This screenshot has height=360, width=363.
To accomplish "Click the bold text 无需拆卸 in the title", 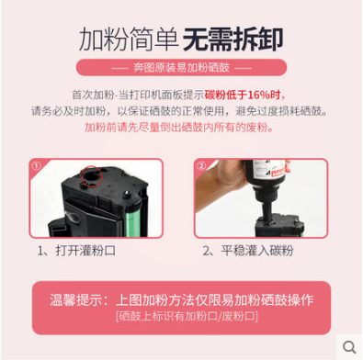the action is tap(233, 39).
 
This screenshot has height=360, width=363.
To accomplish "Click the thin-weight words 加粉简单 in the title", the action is tap(129, 39).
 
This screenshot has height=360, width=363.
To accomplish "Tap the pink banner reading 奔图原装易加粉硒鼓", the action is tap(181, 67).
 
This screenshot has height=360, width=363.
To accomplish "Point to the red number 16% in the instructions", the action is tap(259, 95).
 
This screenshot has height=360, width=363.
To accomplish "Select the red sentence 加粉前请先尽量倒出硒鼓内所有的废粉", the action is tap(179, 127).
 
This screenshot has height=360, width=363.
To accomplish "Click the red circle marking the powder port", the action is tap(91, 176).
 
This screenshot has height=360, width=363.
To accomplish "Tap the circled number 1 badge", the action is tap(36, 166).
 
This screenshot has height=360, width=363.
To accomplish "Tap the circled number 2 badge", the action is tap(201, 166).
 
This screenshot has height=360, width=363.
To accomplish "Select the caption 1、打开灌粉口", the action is tap(76, 251).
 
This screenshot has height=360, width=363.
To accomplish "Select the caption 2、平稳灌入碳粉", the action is tap(248, 251).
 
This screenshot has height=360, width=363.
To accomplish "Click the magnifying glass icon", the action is tap(349, 347).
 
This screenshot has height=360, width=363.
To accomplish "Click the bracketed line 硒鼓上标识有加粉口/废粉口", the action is tap(187, 316).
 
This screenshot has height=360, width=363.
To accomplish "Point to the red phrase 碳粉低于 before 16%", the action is tap(226, 95).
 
